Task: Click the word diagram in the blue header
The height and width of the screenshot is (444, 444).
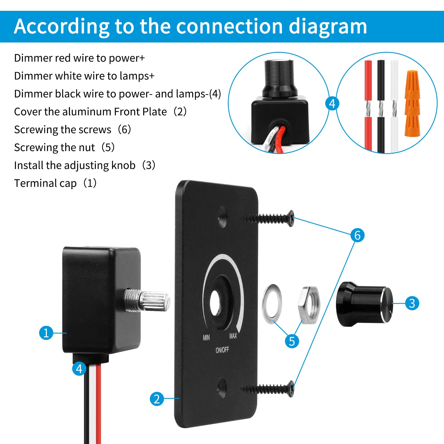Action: pos(328,27)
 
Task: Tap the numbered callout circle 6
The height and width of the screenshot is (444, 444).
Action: pos(357,235)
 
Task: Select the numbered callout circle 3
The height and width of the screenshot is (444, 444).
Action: pos(412,303)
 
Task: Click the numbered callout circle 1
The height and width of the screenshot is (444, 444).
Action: pos(46,333)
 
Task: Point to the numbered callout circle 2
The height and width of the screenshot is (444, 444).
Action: pos(157,399)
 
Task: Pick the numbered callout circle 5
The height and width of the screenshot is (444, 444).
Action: pos(292,341)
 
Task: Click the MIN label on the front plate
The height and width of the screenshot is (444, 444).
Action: pos(206,337)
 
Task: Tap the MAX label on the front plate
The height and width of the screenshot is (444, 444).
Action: pos(233,336)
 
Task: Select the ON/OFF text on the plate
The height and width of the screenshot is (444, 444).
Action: pos(222,350)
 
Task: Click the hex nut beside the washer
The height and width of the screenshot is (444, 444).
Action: pos(309,305)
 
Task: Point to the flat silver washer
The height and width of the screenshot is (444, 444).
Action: pos(272,304)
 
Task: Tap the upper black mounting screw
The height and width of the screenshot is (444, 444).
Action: pos(268,219)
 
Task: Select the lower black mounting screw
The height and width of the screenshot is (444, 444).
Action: pos(268,389)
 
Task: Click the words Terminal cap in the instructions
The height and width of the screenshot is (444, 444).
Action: pos(45,183)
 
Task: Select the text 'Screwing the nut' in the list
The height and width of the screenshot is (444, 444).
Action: pos(54,148)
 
